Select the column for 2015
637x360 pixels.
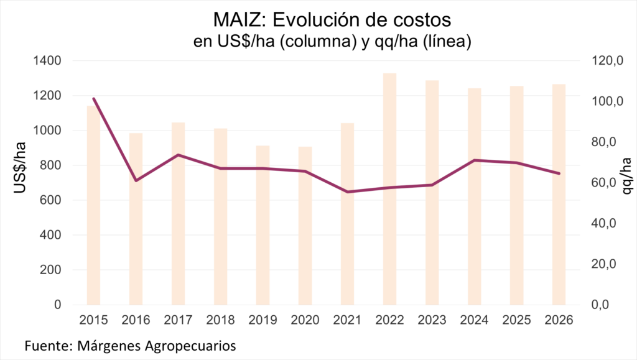93,205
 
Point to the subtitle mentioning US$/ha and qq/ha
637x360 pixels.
318,42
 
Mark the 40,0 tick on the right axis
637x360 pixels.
603,223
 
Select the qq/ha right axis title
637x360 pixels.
625,176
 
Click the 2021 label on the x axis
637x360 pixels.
347,320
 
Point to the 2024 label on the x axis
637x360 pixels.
474,320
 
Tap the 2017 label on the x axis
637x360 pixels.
178,320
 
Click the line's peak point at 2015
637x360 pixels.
93,98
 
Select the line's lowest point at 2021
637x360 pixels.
347,192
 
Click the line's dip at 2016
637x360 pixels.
136,180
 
